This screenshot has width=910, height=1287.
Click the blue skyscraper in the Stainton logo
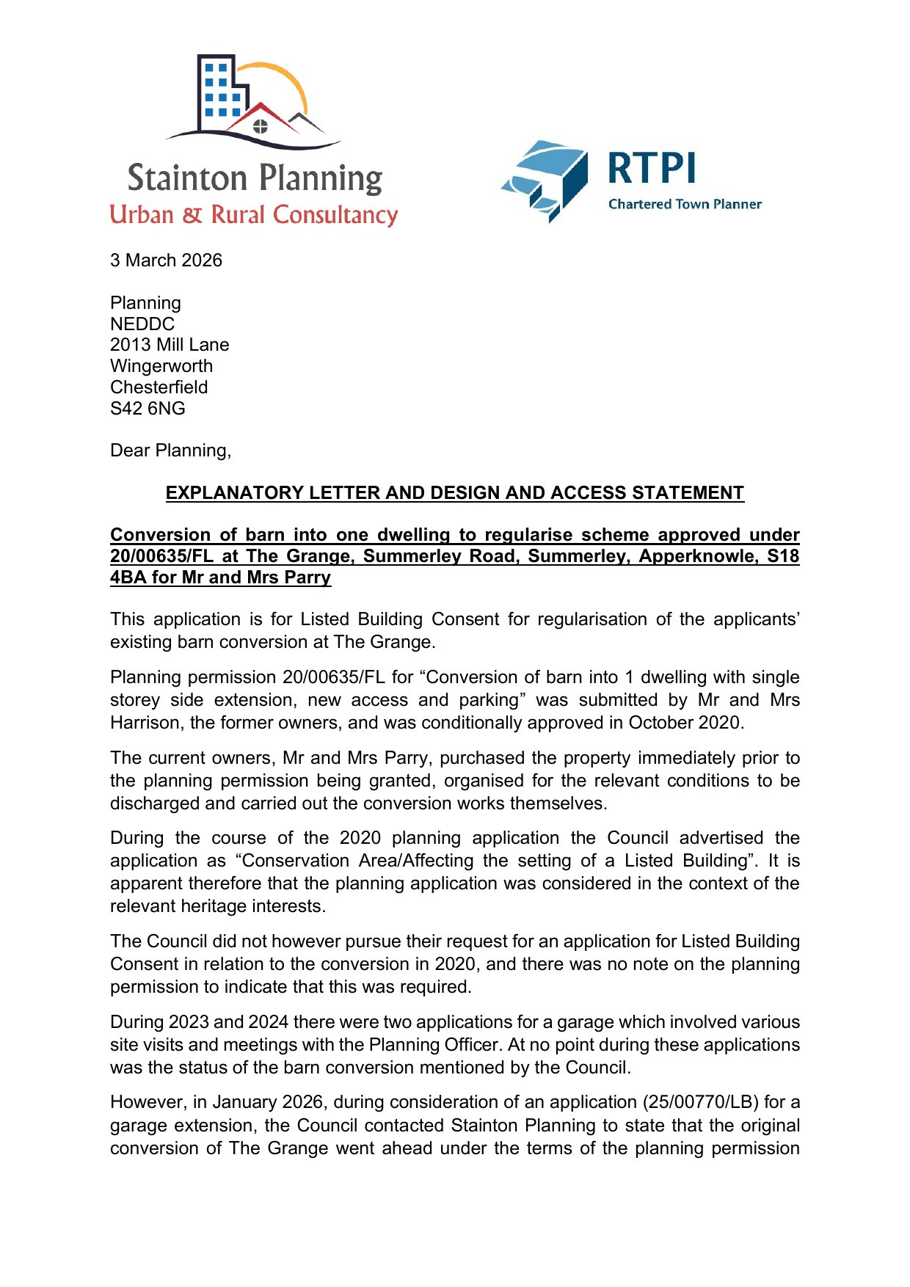click(219, 92)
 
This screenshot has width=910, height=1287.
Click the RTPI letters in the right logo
click(652, 169)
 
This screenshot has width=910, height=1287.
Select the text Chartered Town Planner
click(685, 204)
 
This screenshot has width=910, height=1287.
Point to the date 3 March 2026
click(166, 260)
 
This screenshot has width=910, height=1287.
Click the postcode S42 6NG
click(148, 409)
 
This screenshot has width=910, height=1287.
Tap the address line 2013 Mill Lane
click(170, 345)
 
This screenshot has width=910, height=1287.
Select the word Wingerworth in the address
click(161, 366)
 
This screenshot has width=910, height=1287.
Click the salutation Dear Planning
click(170, 451)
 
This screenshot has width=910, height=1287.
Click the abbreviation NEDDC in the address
click(142, 324)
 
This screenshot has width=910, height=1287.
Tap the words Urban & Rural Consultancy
click(254, 215)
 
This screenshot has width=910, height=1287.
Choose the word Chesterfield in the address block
click(159, 387)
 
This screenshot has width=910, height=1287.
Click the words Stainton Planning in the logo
click(255, 178)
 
